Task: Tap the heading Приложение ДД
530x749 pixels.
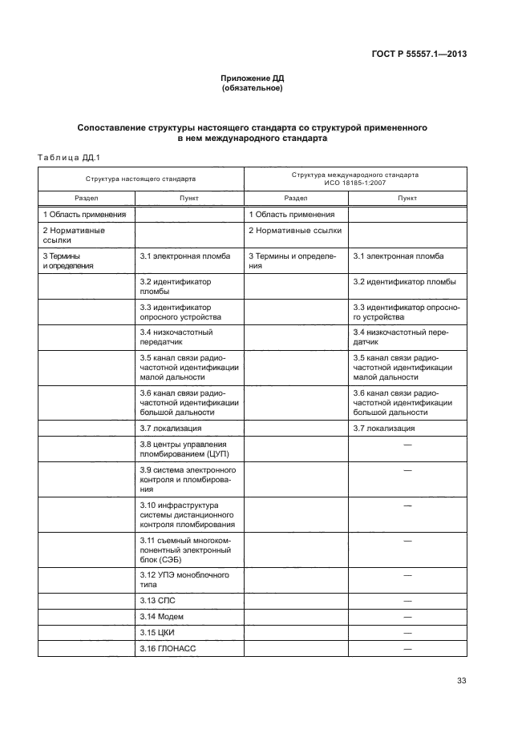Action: click(x=253, y=79)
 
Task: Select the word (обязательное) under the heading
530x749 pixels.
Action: click(x=253, y=88)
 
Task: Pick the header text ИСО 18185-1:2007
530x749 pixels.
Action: click(x=354, y=183)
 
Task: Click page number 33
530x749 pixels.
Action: click(x=461, y=681)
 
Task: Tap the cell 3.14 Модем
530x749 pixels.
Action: click(x=161, y=616)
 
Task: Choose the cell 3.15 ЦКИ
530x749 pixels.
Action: click(x=158, y=632)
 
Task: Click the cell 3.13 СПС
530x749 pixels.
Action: click(x=158, y=600)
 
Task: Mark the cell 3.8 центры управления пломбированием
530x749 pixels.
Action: click(x=184, y=449)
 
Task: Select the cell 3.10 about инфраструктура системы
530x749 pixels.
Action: click(x=187, y=515)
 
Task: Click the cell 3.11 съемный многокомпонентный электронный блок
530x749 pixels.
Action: click(x=184, y=551)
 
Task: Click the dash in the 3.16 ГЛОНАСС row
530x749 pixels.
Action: click(x=407, y=648)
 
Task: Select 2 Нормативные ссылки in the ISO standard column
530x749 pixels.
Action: click(x=294, y=230)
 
